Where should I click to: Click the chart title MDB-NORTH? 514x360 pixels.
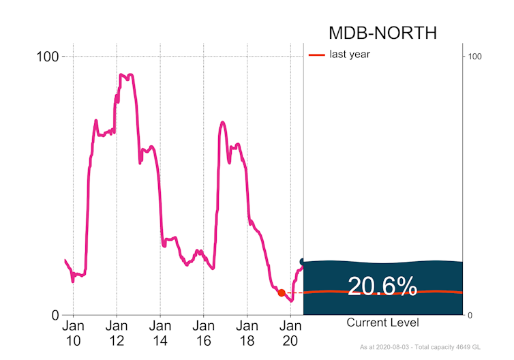tap(382, 33)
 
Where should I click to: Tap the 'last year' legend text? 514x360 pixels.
tap(350, 55)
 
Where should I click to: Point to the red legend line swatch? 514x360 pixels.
tap(317, 55)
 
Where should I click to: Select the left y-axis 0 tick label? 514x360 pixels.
tap(55, 315)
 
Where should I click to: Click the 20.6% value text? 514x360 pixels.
tap(382, 287)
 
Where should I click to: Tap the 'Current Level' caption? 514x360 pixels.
tap(382, 322)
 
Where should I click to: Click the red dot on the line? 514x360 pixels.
tap(282, 292)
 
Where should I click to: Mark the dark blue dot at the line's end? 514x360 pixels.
tap(303, 262)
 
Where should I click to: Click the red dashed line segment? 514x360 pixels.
tap(294, 292)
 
